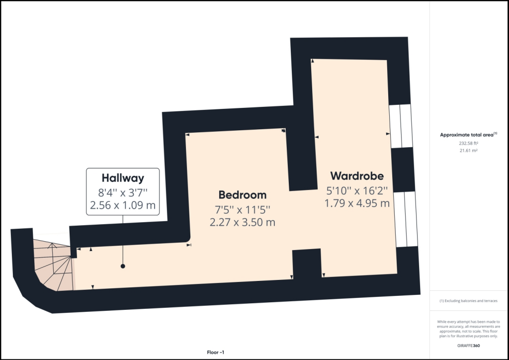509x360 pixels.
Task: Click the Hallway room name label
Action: pos(123,178)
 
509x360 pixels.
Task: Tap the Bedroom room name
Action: pos(243,195)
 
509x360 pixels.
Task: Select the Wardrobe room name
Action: pos(356,176)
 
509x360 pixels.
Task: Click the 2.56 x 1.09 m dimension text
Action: pos(123,204)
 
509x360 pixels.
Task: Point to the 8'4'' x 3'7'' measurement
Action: pos(123,191)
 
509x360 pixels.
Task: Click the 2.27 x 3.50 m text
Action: pos(242,222)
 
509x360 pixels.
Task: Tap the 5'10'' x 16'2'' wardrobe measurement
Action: pos(356,190)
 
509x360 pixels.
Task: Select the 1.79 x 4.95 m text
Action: pos(356,203)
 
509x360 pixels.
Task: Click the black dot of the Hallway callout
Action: pos(123,267)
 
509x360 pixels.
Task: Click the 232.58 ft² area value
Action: pos(468,143)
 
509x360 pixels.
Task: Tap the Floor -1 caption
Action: pos(216,352)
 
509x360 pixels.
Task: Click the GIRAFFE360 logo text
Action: pos(469,346)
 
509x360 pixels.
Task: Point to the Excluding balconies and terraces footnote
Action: pos(468,301)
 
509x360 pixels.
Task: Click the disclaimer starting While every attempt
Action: pos(469,328)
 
